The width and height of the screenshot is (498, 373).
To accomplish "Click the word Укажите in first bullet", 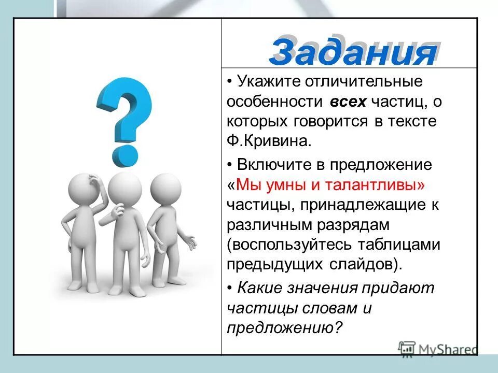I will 269,81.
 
